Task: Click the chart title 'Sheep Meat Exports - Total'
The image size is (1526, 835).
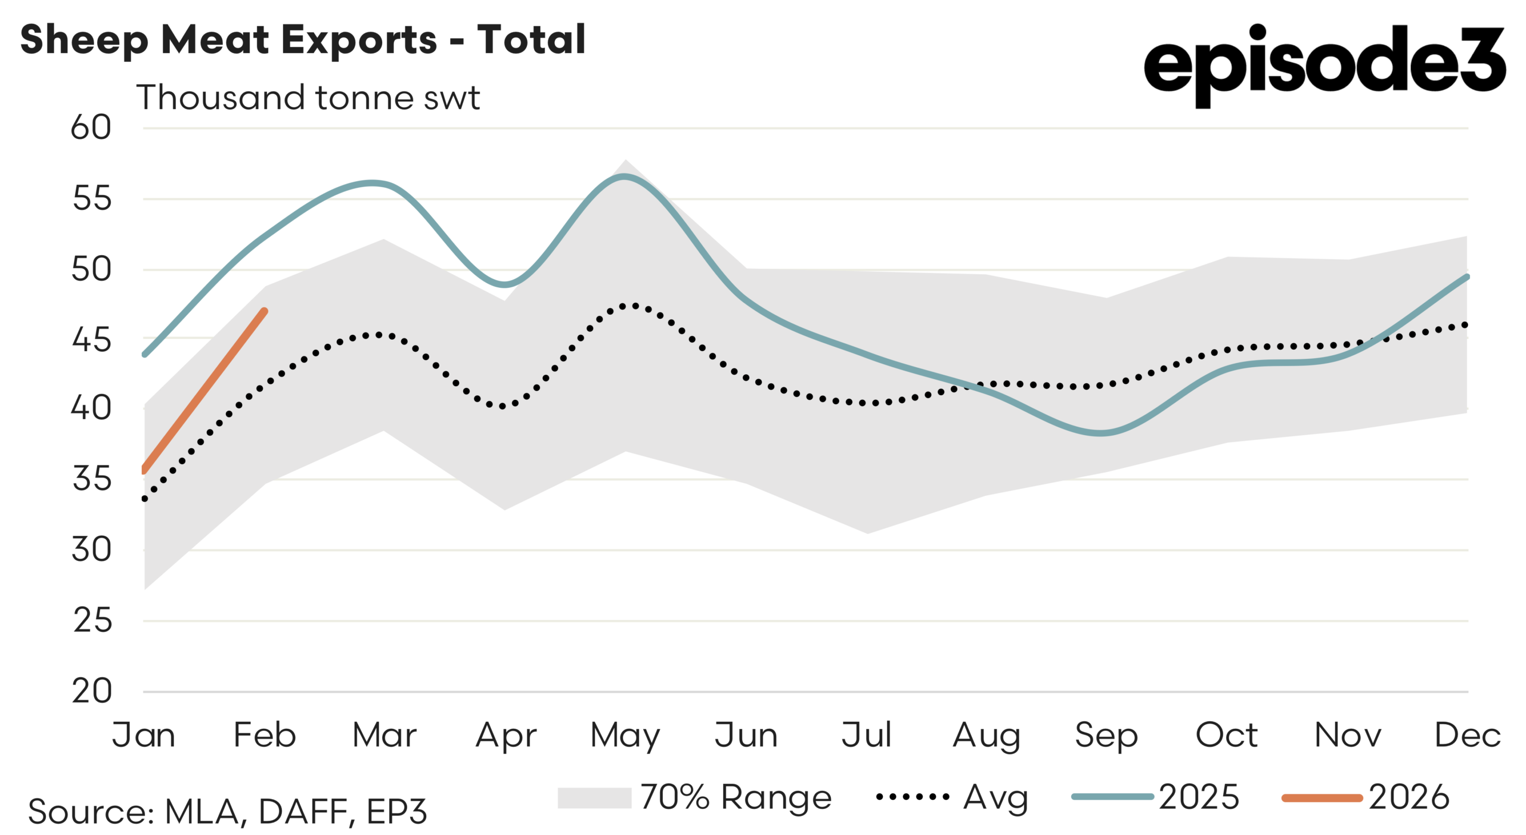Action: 303,39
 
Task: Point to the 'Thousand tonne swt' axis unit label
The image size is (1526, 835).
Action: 308,97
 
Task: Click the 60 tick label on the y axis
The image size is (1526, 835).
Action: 91,128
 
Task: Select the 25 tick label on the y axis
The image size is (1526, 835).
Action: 92,620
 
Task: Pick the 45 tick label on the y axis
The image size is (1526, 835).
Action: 91,340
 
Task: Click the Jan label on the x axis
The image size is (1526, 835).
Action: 144,735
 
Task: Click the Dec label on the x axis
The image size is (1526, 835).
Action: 1467,735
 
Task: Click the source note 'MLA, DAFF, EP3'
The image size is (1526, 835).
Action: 228,811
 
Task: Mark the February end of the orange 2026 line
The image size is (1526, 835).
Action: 265,311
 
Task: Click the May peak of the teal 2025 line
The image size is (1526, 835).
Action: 624,176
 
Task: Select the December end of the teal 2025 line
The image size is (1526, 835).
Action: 1467,277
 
